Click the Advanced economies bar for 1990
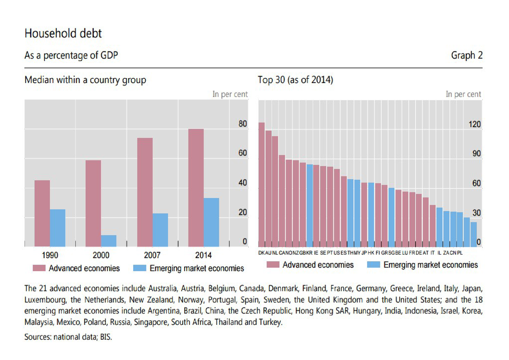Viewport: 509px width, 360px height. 42,213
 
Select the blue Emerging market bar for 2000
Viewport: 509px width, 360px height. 109,241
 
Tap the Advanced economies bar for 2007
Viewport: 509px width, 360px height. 145,192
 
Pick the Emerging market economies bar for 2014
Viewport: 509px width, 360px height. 211,222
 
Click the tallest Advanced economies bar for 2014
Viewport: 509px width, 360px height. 196,188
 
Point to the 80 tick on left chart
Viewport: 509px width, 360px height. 243,124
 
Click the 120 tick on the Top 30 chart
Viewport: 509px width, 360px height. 474,124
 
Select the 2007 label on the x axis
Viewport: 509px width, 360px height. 152,255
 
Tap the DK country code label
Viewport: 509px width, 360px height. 261,253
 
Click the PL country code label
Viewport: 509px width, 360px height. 460,253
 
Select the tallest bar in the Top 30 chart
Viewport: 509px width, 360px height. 261,185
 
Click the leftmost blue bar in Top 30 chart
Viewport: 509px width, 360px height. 310,206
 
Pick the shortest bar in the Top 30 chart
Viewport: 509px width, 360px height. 474,235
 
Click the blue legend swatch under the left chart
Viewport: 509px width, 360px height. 140,268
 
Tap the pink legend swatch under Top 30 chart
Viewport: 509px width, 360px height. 273,264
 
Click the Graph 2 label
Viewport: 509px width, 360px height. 466,55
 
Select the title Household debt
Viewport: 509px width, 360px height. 63,33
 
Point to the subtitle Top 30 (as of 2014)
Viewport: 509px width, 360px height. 295,80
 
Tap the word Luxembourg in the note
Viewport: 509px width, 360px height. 45,300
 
